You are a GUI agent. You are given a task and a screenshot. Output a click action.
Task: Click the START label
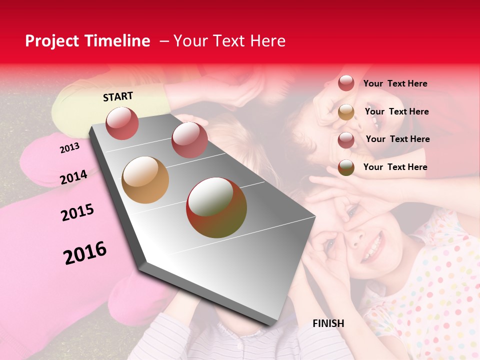[x=118, y=96]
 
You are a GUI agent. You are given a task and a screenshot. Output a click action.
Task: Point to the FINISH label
[x=328, y=323]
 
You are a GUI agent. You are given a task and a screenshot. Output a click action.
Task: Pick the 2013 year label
[x=69, y=148]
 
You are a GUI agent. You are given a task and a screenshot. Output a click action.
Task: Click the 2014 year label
[x=73, y=177]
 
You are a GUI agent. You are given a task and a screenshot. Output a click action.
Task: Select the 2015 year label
[x=77, y=213]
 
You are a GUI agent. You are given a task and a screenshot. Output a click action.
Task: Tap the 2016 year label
[x=85, y=252]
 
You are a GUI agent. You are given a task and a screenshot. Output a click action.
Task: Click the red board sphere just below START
[x=122, y=123]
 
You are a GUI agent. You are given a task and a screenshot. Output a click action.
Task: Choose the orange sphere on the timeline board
[x=145, y=180]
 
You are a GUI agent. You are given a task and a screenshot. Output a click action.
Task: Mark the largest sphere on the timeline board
[x=216, y=207]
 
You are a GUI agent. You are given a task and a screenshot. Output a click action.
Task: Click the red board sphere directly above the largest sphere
[x=189, y=140]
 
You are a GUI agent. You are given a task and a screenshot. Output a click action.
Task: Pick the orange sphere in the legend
[x=346, y=112]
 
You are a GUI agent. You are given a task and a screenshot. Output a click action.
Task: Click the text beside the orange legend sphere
[x=396, y=111]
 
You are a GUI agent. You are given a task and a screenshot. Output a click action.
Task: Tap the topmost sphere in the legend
[x=346, y=83]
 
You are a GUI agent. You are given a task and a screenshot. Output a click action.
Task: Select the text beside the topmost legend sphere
[x=395, y=83]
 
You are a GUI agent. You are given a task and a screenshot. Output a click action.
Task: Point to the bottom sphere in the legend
[x=346, y=167]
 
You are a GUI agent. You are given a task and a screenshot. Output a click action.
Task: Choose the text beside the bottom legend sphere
[x=395, y=167]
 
